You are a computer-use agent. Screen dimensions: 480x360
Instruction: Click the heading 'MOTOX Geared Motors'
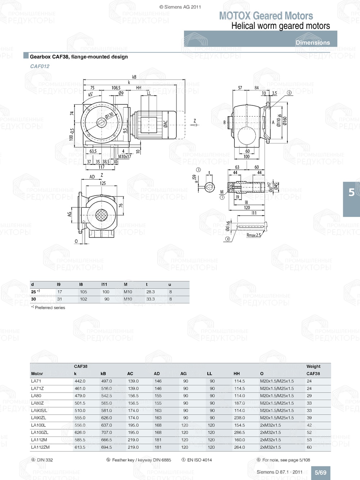click(266, 16)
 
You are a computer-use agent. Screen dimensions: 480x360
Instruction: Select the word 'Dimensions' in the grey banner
click(312, 42)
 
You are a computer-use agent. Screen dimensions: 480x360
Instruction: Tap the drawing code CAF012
click(40, 66)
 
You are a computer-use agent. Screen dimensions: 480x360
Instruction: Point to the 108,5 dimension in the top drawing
click(116, 88)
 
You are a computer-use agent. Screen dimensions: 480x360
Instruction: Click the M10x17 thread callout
click(125, 157)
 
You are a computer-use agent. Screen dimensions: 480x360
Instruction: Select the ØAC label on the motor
click(166, 124)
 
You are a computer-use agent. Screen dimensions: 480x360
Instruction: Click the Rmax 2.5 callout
click(253, 235)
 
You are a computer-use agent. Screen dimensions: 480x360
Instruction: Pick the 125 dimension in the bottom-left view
click(103, 183)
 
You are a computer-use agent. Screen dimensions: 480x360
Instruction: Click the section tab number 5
click(351, 193)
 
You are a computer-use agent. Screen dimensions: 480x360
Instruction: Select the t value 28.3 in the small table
click(150, 292)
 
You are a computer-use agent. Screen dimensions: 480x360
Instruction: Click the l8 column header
click(81, 284)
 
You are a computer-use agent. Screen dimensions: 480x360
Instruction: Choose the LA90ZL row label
click(39, 418)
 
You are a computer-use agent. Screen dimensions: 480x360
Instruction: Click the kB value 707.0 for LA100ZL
click(106, 433)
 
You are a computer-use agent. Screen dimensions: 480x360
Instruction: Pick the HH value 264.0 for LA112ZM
click(239, 447)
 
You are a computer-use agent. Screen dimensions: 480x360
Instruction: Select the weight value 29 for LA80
click(309, 396)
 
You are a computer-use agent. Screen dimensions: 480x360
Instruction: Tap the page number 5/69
click(320, 472)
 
